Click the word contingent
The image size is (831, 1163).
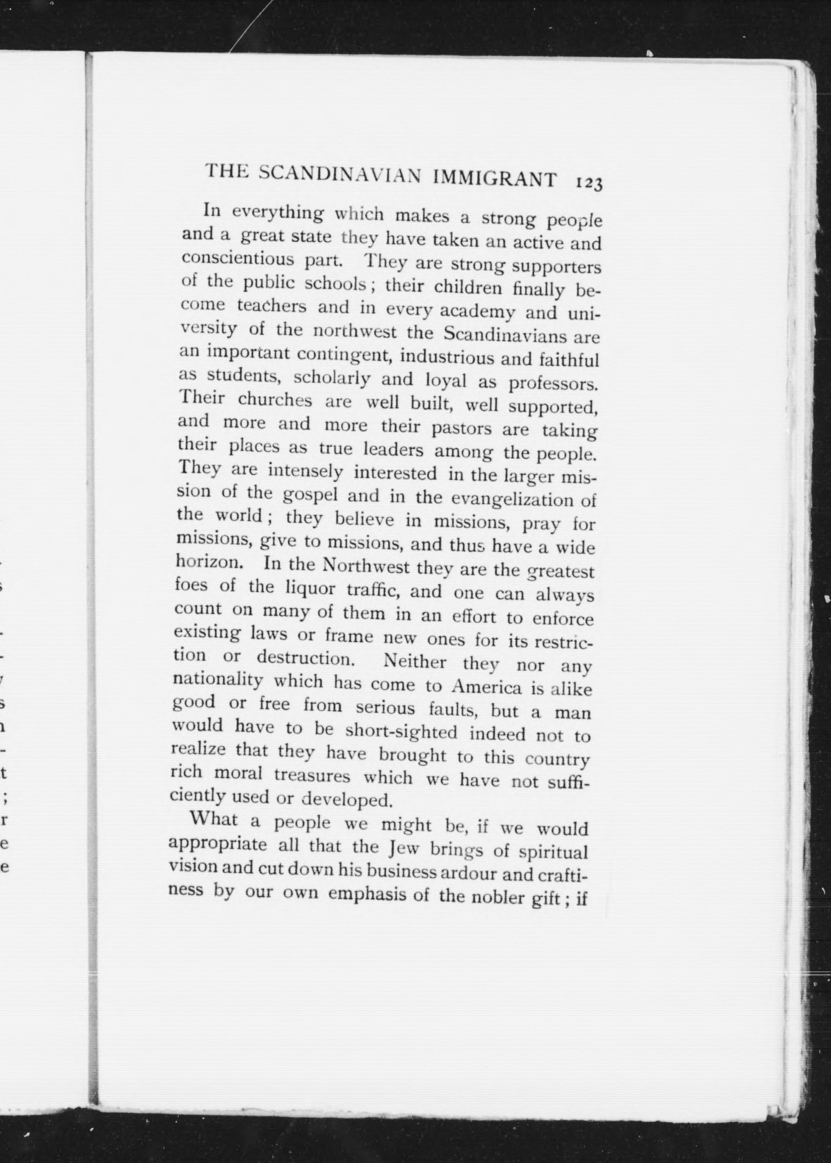point(345,354)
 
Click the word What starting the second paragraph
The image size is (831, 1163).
point(214,819)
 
